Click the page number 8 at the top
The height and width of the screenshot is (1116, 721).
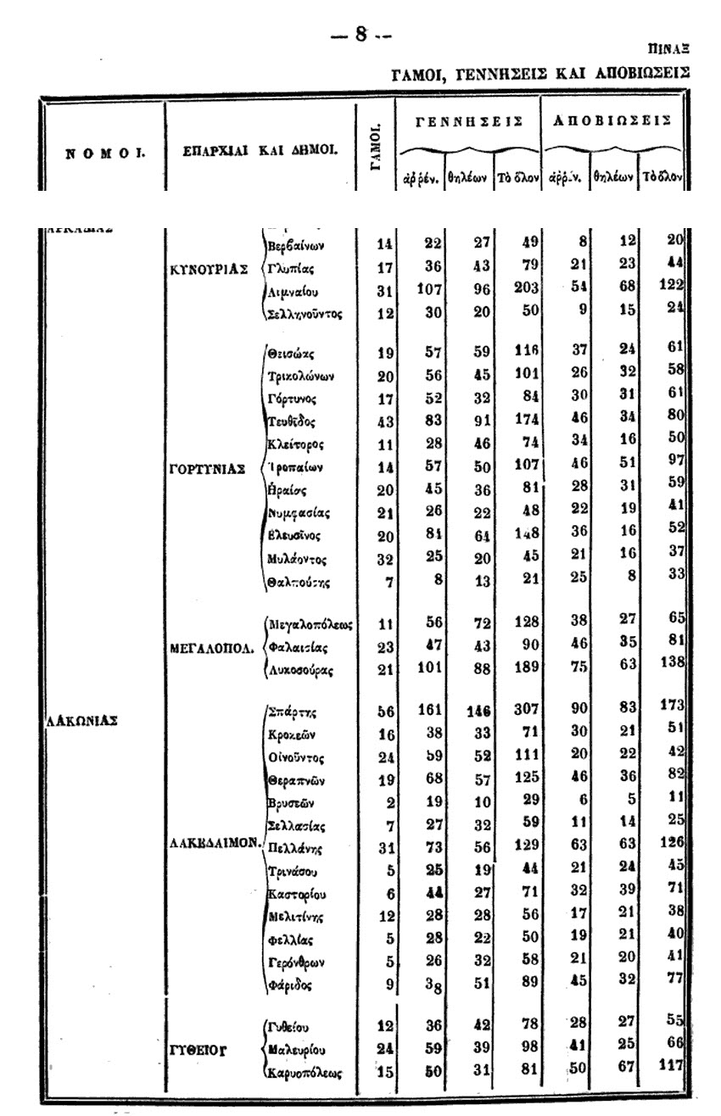click(360, 34)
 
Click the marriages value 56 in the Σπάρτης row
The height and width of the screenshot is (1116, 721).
click(385, 712)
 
